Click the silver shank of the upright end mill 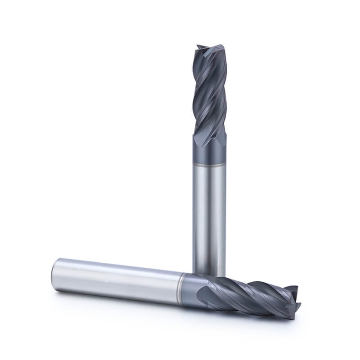[x=209, y=216]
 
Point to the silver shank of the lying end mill [x=117, y=277]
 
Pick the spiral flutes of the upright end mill [x=209, y=94]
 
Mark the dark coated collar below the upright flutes [x=209, y=153]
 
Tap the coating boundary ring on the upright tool [x=209, y=166]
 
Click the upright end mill [x=209, y=180]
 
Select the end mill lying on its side [x=171, y=283]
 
